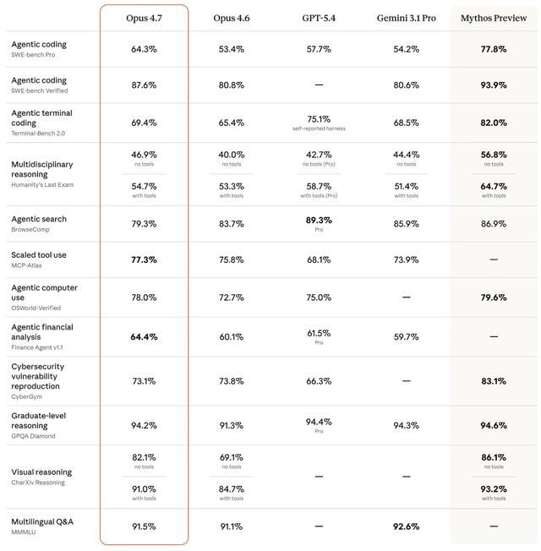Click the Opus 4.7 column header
[144, 18]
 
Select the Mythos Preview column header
[494, 18]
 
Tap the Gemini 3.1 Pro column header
[406, 18]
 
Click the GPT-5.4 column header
[319, 18]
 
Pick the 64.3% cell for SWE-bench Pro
[144, 49]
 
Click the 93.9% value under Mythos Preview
[494, 85]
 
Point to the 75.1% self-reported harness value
[319, 119]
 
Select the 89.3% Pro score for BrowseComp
[319, 220]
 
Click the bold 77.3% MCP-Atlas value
[144, 259]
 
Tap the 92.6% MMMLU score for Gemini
[406, 526]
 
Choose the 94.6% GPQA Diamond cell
[494, 425]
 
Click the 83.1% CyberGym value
[494, 381]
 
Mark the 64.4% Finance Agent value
[144, 336]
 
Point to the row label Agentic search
[39, 219]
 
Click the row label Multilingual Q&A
[42, 521]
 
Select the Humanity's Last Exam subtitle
[42, 184]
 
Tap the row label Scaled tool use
[39, 254]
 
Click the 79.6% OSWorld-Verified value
[494, 297]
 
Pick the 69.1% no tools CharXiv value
[231, 457]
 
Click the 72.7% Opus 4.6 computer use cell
[231, 297]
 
